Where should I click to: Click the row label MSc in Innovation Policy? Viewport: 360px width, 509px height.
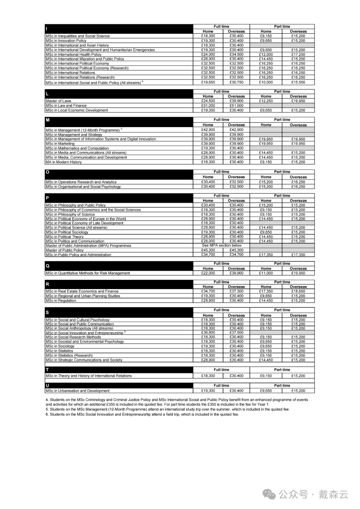click(x=66, y=41)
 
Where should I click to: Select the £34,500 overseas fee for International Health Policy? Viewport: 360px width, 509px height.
click(x=236, y=54)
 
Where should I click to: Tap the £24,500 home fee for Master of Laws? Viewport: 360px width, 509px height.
click(x=208, y=101)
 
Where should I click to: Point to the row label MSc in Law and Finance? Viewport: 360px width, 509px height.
click(x=66, y=106)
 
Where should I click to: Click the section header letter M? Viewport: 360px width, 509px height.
click(x=48, y=120)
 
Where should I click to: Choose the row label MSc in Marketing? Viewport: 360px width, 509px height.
click(x=60, y=144)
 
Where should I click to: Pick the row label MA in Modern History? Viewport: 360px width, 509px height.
click(x=63, y=162)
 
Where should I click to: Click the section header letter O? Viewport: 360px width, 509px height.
click(x=48, y=172)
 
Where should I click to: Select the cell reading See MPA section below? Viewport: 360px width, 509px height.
click(x=222, y=246)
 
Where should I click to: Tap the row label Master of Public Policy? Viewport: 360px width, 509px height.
click(x=64, y=250)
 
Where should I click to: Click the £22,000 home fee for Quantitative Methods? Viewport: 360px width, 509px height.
click(x=208, y=273)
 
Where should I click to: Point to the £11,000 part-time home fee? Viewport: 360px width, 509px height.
click(x=266, y=273)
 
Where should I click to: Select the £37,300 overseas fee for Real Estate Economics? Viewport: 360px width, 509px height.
click(x=236, y=291)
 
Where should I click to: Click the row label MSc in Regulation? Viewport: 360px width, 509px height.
click(x=61, y=301)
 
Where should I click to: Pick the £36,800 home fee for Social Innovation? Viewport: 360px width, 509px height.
click(x=208, y=332)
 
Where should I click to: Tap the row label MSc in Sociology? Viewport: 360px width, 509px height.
click(x=60, y=346)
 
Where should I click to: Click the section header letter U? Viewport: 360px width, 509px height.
click(x=47, y=386)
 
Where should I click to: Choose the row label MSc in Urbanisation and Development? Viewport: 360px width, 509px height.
click(x=78, y=391)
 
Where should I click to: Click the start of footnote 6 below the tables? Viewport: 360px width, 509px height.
click(x=47, y=415)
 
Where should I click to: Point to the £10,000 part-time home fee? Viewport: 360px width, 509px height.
click(x=266, y=82)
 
